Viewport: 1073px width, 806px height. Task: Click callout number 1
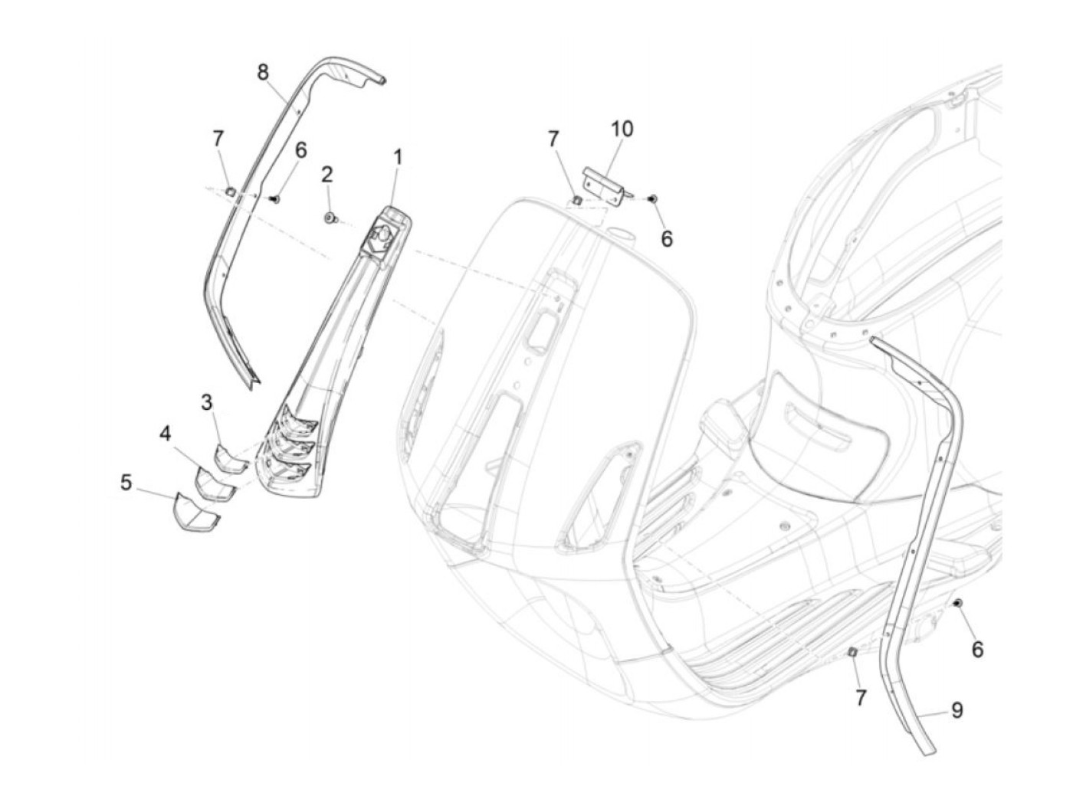point(398,157)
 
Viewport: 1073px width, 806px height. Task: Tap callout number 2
point(326,174)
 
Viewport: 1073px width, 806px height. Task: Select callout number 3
point(207,401)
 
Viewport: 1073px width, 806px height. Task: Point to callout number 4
point(166,434)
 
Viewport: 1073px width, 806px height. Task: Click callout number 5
point(126,482)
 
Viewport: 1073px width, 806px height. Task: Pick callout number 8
point(263,73)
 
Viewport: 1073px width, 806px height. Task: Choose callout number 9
point(957,710)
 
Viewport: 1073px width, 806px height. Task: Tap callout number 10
point(622,129)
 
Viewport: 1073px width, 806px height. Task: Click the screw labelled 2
point(330,219)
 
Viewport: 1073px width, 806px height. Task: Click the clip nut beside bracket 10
point(577,201)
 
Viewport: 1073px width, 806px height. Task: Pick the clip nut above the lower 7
point(852,651)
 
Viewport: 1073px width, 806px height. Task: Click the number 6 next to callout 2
point(300,150)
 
